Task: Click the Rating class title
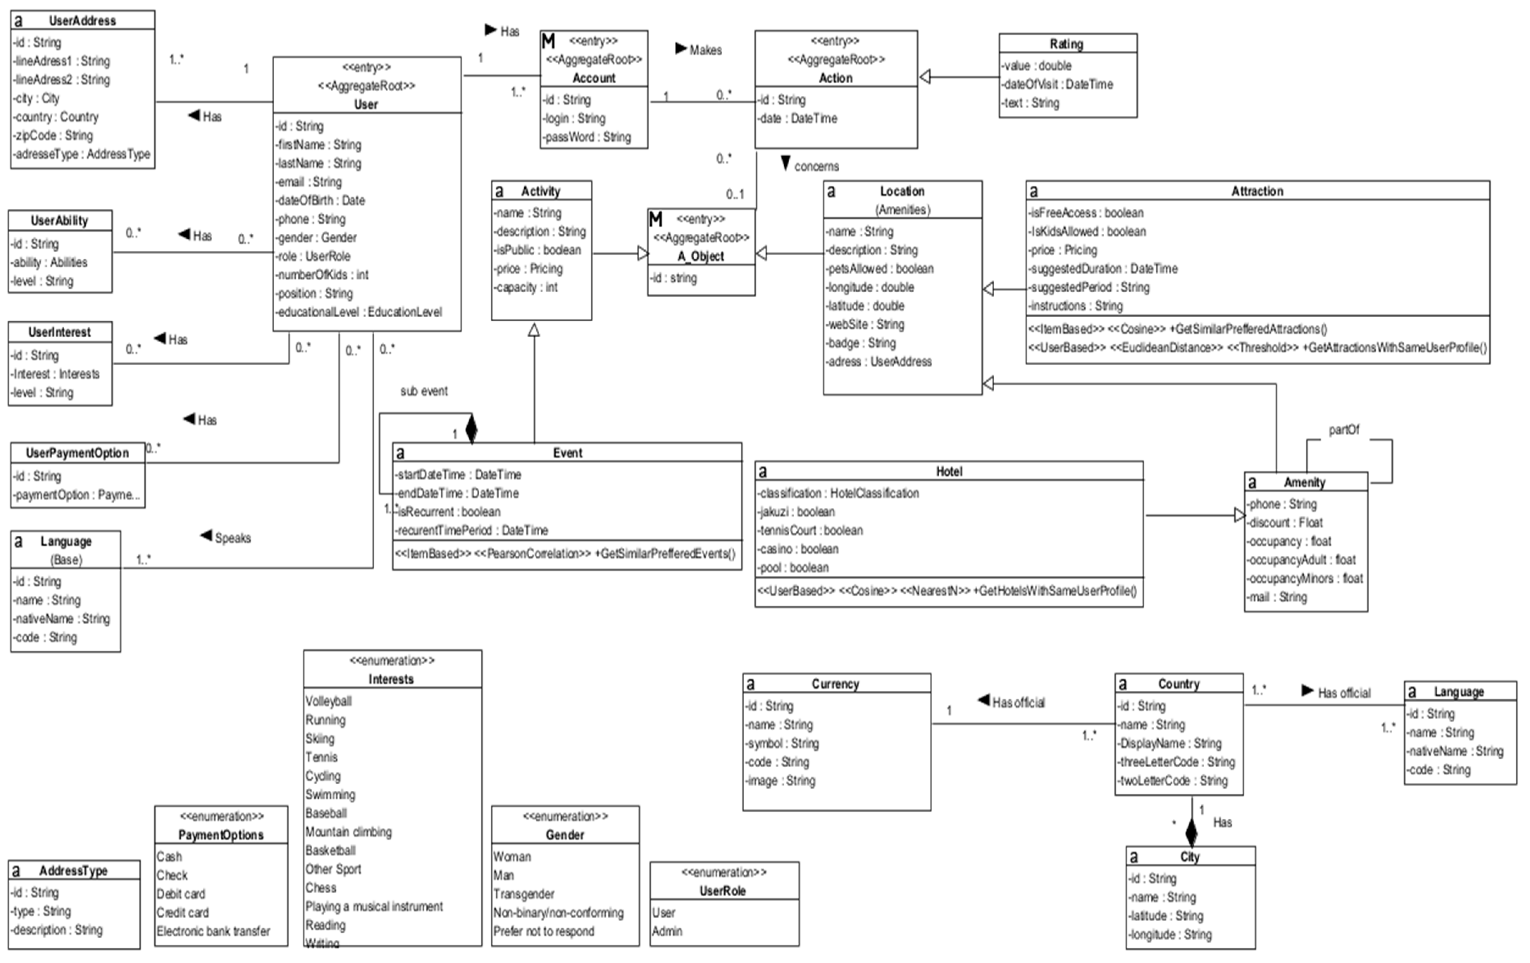coord(1066,44)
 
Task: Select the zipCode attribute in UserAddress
coord(53,135)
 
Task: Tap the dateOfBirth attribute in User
coord(321,200)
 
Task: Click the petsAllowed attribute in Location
coord(880,268)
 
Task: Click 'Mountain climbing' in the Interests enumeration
coord(348,832)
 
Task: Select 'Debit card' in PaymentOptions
coord(181,894)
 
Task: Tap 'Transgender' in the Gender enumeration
coord(524,894)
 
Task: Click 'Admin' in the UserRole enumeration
coord(666,931)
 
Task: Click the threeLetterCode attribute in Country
coord(1177,761)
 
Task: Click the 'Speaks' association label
coord(232,538)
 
